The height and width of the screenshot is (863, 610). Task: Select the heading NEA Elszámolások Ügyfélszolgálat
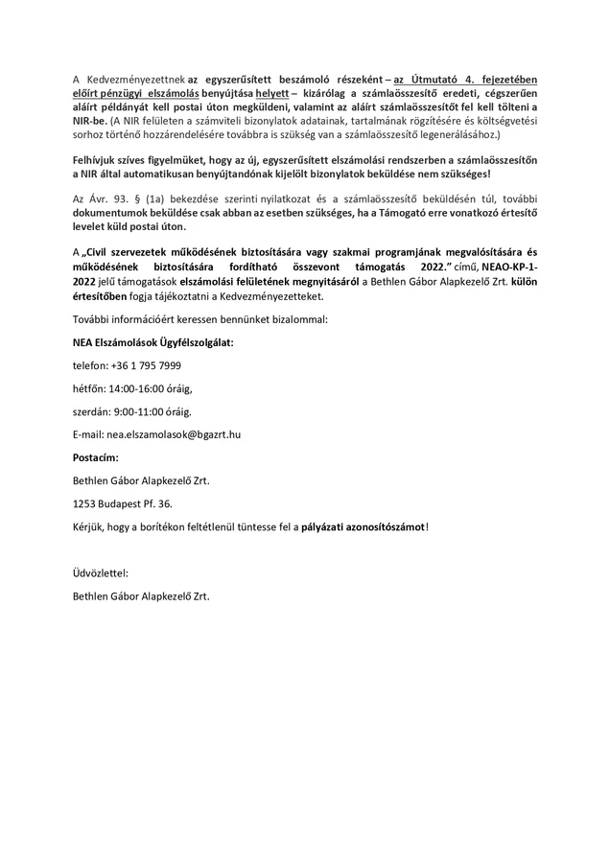(153, 341)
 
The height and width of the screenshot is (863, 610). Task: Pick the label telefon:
(91, 365)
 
